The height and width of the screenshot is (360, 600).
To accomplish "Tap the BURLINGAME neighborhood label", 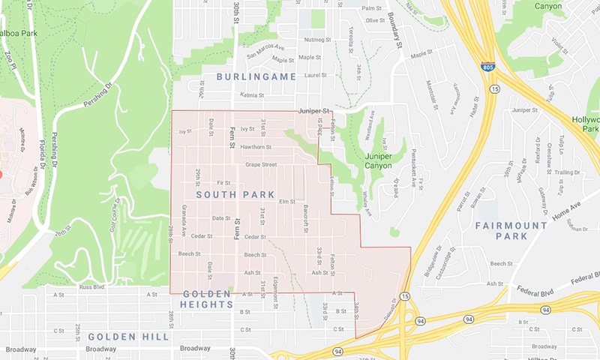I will coord(256,76).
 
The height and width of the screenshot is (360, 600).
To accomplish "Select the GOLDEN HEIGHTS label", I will coord(211,299).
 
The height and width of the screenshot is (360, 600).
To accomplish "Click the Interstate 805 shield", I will coord(487,66).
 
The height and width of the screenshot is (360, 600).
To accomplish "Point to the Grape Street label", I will coord(260,164).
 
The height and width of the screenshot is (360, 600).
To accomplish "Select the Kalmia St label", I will coord(251,95).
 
